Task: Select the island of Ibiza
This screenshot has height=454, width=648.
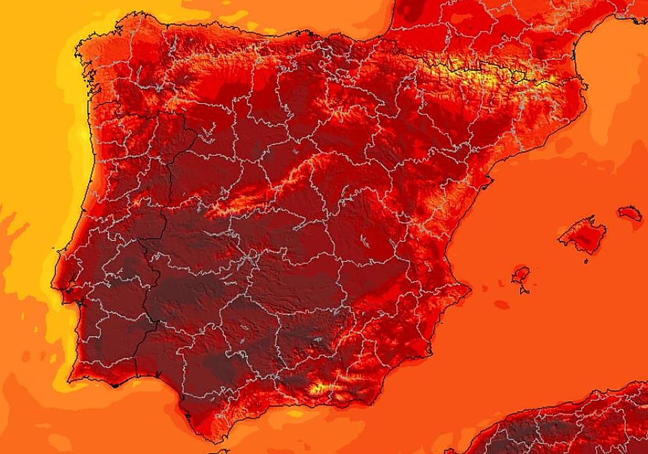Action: tap(521, 275)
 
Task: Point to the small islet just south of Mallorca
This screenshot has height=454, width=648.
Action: tap(586, 261)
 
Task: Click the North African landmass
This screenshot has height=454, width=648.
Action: tap(567, 427)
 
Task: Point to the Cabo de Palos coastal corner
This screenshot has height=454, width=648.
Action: tap(429, 352)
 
